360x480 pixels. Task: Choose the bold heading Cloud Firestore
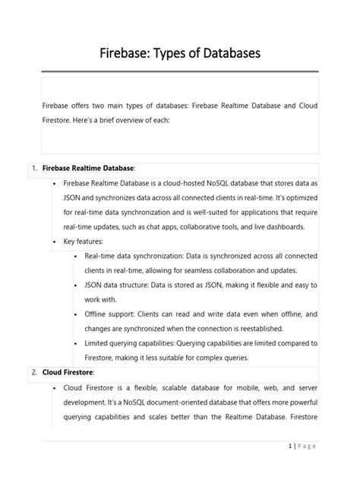[x=68, y=372]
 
